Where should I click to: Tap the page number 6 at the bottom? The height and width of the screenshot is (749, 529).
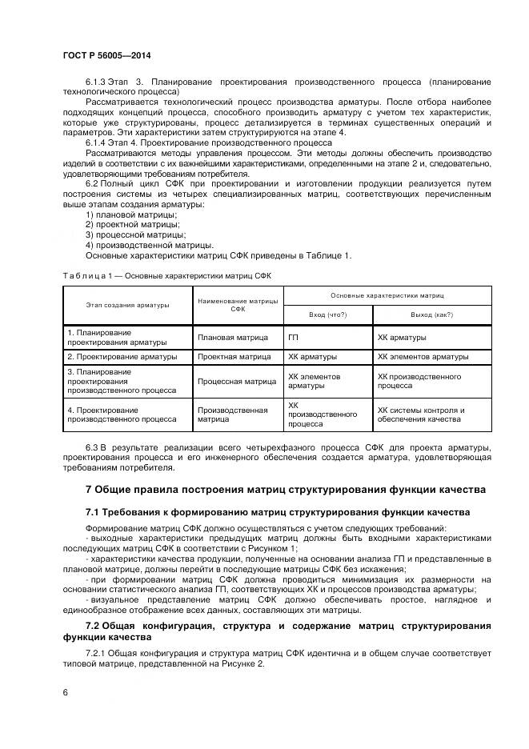point(65,692)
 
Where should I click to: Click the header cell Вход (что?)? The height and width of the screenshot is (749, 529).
point(327,314)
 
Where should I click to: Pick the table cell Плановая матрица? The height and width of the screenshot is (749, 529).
point(234,337)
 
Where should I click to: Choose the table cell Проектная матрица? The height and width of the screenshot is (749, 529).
point(234,356)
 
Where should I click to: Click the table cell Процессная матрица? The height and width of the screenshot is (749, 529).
point(237,381)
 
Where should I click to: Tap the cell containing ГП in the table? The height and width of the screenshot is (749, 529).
point(293,337)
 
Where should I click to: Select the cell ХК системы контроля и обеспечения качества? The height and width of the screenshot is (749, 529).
point(421,414)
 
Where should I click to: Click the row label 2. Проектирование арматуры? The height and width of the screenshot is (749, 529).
point(122,356)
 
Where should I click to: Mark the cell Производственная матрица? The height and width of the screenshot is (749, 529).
point(232,414)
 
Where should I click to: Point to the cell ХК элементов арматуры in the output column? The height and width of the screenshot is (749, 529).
point(423,356)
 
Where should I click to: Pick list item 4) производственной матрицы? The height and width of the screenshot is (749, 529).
point(149,245)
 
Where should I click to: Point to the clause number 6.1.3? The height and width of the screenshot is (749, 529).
point(98,82)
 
